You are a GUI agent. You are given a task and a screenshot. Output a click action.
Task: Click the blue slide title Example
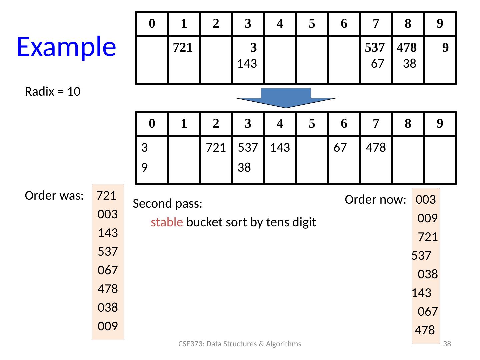(x=66, y=46)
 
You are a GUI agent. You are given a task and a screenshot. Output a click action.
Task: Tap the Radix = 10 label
(x=53, y=92)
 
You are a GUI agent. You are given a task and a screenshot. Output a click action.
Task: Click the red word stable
(x=167, y=222)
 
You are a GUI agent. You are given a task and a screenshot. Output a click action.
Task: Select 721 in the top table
(x=183, y=48)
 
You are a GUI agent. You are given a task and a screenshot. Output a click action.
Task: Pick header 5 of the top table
(x=312, y=23)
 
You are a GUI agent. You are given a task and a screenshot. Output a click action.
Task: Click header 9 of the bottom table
(x=440, y=123)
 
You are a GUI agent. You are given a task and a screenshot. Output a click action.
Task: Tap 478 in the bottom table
(x=376, y=147)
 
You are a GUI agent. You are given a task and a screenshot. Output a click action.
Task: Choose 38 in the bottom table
(x=244, y=167)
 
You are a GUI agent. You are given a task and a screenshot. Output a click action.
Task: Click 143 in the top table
(x=247, y=63)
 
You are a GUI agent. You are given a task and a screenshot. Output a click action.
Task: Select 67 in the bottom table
(x=340, y=147)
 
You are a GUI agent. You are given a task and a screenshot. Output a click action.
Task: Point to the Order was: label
(x=54, y=196)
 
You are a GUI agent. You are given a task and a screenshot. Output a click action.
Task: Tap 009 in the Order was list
(x=108, y=326)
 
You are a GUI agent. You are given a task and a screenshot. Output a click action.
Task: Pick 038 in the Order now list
(x=428, y=274)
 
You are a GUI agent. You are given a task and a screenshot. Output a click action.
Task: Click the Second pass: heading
(x=168, y=203)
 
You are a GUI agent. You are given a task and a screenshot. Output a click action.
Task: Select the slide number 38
(x=448, y=344)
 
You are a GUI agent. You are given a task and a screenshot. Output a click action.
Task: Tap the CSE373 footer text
(x=240, y=344)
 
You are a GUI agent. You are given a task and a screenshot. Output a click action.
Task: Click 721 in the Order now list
(x=428, y=237)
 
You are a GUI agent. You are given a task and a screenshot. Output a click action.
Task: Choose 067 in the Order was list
(x=108, y=270)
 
